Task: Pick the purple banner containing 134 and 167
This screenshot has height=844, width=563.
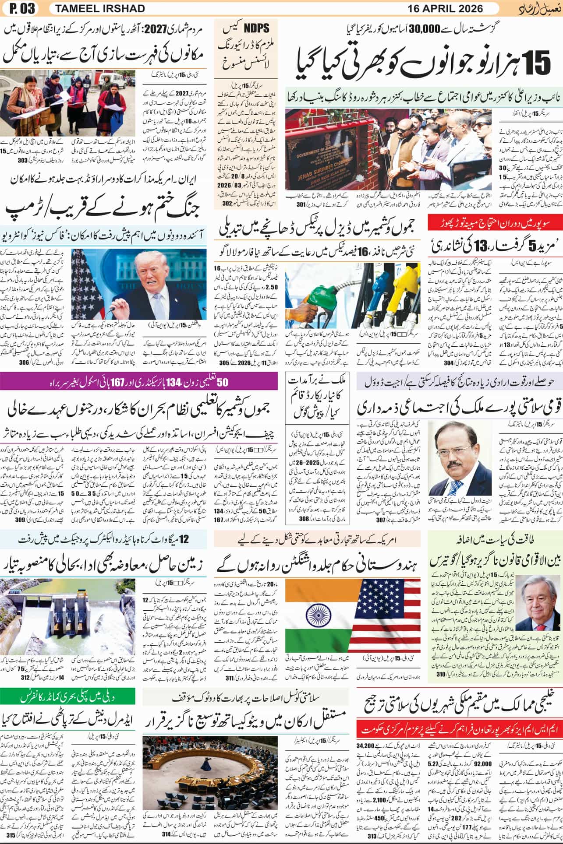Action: pyautogui.click(x=139, y=382)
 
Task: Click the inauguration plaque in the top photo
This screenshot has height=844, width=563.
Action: pyautogui.click(x=318, y=152)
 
